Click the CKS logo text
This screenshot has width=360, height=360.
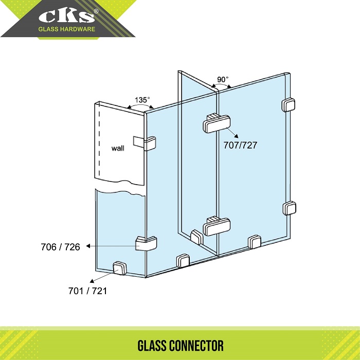(x=66, y=16)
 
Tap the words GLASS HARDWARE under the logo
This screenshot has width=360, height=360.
(x=66, y=29)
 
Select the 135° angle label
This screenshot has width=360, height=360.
(x=142, y=100)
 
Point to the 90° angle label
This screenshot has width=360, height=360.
(x=223, y=79)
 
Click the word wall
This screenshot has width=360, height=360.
(x=118, y=148)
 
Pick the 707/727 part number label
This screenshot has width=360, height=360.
(x=240, y=145)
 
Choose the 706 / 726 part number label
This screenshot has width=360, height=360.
(x=60, y=247)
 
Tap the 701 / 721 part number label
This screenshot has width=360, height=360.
(x=88, y=291)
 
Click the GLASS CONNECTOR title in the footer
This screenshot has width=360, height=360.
(x=181, y=346)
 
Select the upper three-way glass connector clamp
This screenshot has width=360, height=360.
(x=217, y=123)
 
